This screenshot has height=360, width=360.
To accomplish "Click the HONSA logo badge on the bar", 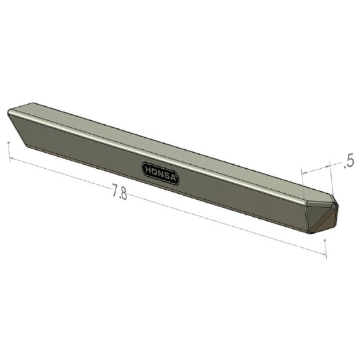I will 161,173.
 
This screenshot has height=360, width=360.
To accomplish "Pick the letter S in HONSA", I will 168,176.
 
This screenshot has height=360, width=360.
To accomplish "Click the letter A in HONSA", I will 174,179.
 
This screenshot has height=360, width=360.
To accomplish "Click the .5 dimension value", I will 349,162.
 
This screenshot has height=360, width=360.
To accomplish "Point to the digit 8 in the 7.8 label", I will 124,195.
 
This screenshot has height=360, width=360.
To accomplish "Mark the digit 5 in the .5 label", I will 351,162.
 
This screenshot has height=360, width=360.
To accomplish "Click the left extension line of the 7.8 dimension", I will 9,151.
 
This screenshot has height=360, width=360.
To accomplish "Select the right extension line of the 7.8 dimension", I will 326,247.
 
